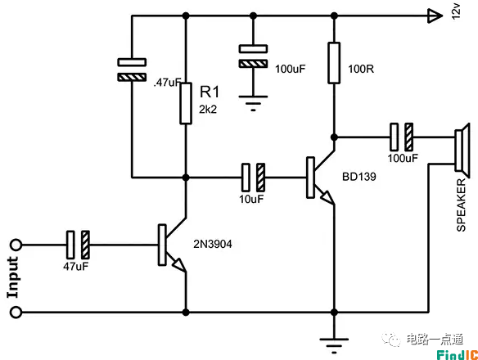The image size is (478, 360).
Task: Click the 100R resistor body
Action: point(334,63)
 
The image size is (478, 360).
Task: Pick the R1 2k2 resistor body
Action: point(187,104)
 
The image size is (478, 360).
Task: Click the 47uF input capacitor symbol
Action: point(78,244)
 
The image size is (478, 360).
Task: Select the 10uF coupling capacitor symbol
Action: point(254,176)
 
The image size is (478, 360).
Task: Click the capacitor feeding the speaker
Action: point(402,135)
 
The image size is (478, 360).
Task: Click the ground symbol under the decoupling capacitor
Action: point(253,101)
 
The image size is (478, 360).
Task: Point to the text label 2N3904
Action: point(214,244)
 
